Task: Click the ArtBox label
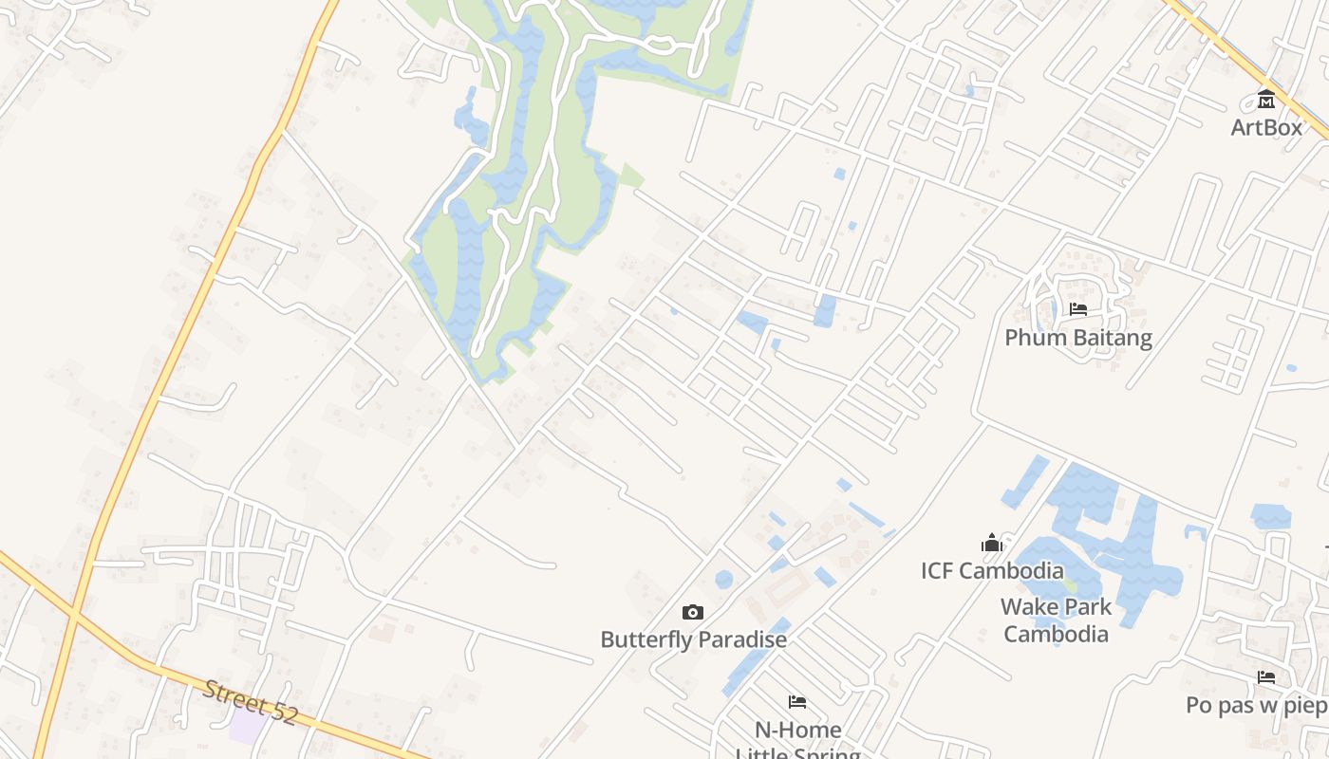(1266, 127)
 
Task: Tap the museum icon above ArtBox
(1266, 99)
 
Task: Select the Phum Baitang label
(1078, 338)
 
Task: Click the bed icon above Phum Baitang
(1078, 309)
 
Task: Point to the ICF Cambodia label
(992, 571)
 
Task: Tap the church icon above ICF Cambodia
(992, 543)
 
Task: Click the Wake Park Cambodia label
(1056, 620)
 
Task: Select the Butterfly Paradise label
(694, 639)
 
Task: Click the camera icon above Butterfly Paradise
(694, 613)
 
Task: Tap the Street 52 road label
(251, 702)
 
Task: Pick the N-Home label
(797, 730)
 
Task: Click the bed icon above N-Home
(797, 702)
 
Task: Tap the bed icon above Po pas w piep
(1266, 677)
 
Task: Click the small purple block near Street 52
(249, 727)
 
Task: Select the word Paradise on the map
(740, 639)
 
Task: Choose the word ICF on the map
(937, 571)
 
